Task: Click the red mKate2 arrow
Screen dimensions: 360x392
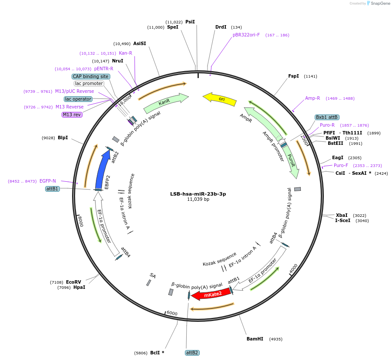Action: tap(211, 295)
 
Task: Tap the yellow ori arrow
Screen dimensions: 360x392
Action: tap(220, 99)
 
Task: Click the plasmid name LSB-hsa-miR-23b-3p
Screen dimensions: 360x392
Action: tap(198, 194)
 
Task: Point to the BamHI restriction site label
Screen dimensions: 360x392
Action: tap(255, 339)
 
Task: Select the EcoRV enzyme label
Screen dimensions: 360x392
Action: tap(73, 282)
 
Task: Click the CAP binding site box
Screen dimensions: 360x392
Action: tap(91, 76)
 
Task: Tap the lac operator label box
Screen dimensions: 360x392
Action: tap(79, 99)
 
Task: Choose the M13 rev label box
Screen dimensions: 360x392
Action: tap(72, 115)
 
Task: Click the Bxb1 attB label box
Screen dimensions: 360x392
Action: tap(327, 117)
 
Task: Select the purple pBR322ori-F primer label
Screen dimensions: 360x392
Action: tap(246, 35)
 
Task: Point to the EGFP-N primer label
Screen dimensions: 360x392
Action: tap(48, 181)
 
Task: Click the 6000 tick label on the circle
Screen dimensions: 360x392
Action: tap(172, 313)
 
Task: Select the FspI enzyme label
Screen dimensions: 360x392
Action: tap(293, 76)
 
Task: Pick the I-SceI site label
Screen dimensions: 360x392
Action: tap(343, 220)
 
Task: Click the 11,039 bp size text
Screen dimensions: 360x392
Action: tap(198, 200)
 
